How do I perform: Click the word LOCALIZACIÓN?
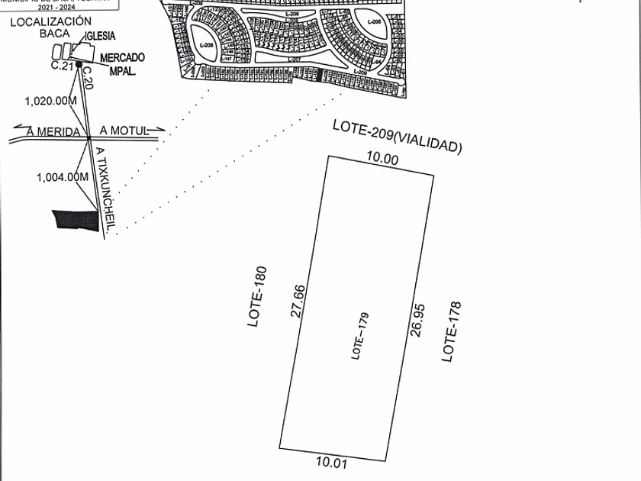(50, 22)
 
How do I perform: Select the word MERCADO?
(122, 57)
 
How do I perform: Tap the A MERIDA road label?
(53, 131)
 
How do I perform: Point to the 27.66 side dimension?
(300, 301)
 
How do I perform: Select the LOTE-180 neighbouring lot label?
(259, 296)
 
